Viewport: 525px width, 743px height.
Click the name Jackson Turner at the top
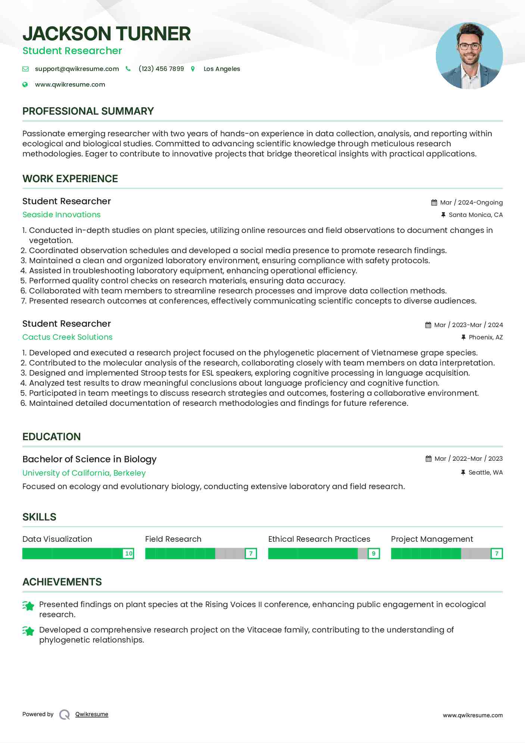[107, 34]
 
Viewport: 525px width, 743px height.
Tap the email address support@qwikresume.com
[77, 69]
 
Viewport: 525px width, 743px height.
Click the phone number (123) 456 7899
[161, 69]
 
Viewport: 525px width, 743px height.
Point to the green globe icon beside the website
[25, 84]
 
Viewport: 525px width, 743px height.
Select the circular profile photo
[469, 56]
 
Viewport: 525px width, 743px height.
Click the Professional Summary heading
[88, 111]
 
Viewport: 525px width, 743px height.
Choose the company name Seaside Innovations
[62, 215]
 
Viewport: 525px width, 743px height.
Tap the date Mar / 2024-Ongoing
[471, 202]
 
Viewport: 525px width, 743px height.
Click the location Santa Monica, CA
[476, 215]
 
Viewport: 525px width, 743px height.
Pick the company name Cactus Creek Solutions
[68, 337]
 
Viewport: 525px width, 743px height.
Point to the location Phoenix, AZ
[486, 337]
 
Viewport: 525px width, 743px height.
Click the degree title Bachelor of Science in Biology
[90, 459]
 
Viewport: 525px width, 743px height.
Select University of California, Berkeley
[84, 473]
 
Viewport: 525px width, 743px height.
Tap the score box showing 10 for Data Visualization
[129, 553]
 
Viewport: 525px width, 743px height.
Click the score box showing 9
[374, 553]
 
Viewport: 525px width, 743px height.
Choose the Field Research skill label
[173, 539]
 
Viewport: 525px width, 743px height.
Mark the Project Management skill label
[432, 539]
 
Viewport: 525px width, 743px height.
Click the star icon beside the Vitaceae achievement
[28, 631]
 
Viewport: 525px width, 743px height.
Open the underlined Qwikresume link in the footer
[92, 714]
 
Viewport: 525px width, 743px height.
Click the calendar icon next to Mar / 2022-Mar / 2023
[428, 458]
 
